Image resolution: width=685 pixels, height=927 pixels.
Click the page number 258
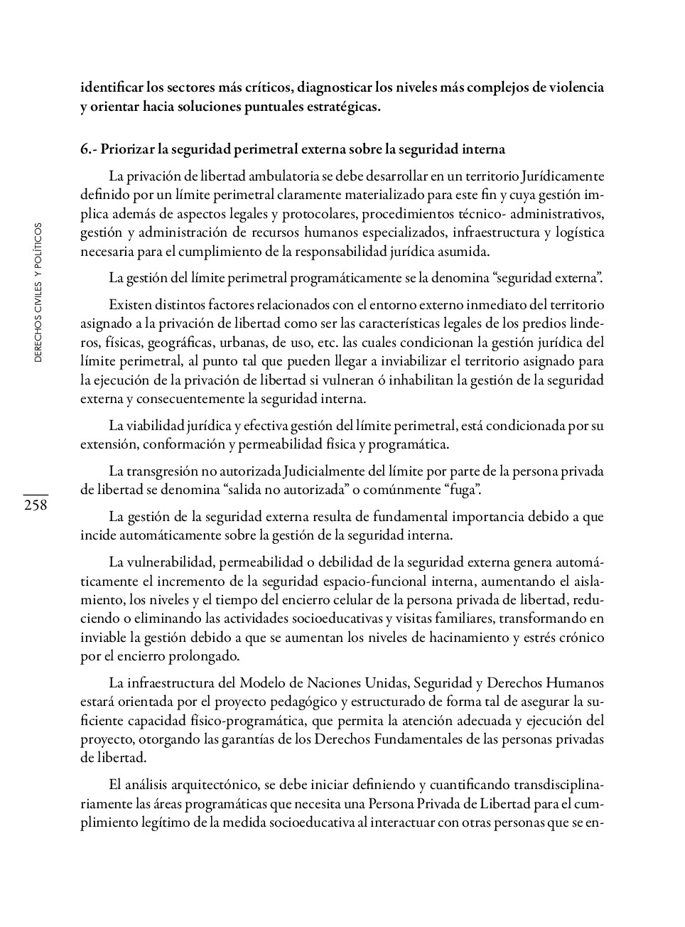click(x=35, y=505)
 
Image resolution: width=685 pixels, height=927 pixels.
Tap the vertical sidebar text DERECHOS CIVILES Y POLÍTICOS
click(x=38, y=292)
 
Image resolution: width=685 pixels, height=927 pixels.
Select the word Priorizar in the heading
click(x=127, y=149)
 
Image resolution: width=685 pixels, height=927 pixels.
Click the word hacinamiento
click(x=469, y=638)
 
